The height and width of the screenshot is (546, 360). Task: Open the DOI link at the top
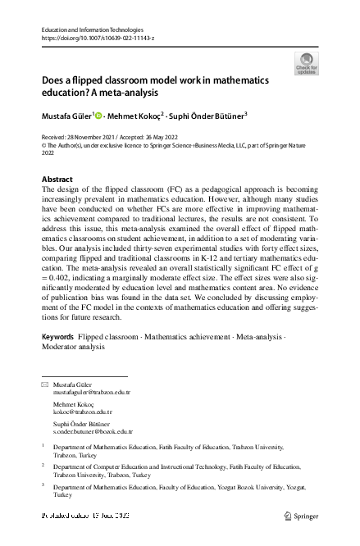(x=97, y=39)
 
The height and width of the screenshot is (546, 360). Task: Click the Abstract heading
(x=57, y=179)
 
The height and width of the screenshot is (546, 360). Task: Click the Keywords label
(x=57, y=360)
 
